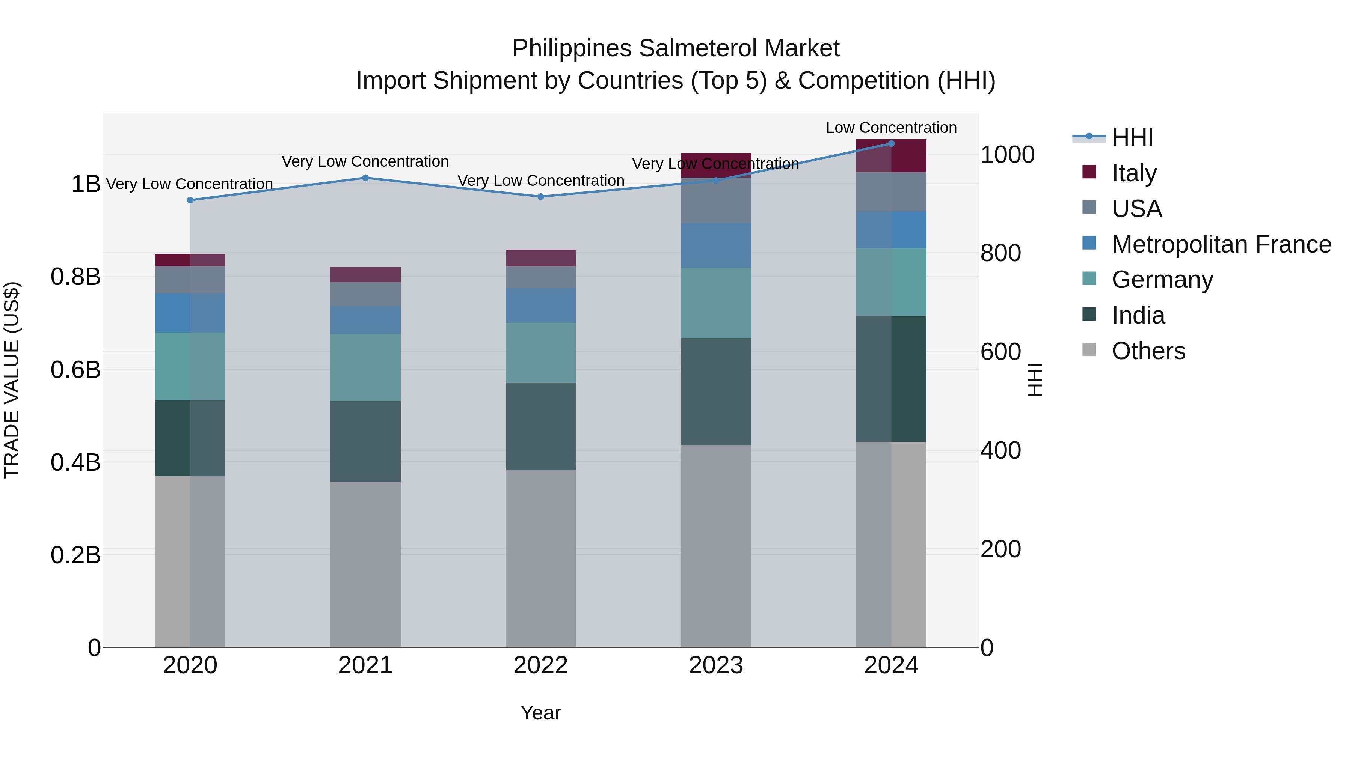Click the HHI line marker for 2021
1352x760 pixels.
[365, 178]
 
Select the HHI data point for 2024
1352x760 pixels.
[891, 144]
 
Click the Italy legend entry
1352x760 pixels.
[1134, 173]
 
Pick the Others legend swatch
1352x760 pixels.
[1089, 350]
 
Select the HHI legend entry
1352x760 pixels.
[1132, 137]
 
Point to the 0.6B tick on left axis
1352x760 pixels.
[75, 370]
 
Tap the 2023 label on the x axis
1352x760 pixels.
[715, 665]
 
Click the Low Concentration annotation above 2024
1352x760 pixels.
[891, 128]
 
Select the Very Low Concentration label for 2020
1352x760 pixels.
[190, 184]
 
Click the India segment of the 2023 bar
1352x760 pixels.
[715, 391]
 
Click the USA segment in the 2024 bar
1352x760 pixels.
[891, 192]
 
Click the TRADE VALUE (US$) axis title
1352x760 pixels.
[12, 380]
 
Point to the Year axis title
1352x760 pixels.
[540, 713]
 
